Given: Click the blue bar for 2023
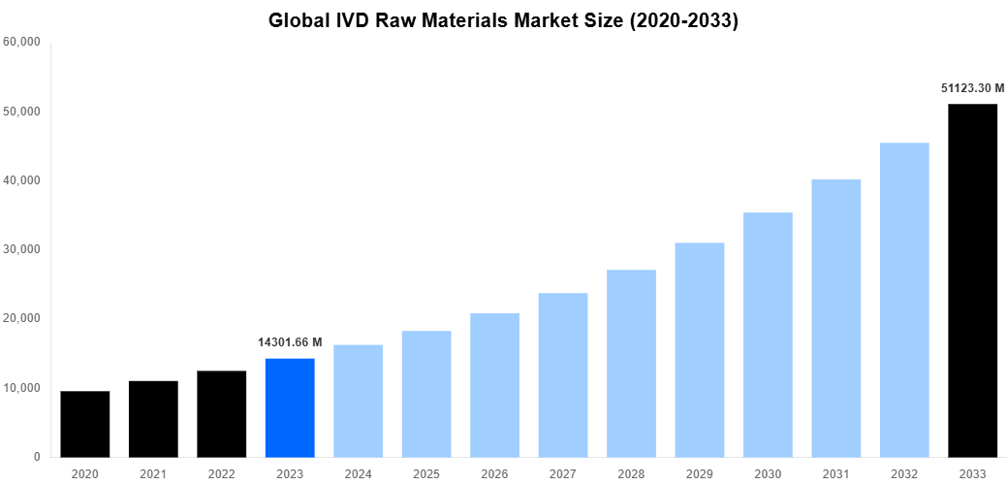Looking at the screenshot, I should click(290, 407).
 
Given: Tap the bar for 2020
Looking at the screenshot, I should click(85, 424).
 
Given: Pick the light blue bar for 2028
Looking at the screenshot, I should click(631, 363).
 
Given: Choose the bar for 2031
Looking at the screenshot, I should click(835, 318).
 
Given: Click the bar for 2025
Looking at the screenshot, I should click(426, 394).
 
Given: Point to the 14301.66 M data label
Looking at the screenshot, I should click(290, 342).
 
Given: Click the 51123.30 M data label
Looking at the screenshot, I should click(972, 87).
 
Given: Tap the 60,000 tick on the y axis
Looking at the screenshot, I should click(21, 42).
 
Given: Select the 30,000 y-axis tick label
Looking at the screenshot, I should click(21, 249).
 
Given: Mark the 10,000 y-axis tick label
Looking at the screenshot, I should click(21, 388).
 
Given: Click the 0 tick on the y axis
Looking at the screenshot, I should click(37, 457).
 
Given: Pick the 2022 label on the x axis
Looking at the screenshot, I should click(221, 473).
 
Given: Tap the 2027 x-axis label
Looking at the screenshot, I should click(563, 473).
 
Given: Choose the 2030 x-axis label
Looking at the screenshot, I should click(768, 473).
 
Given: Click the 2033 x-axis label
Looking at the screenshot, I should click(972, 473).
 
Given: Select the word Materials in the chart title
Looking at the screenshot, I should click(480, 20).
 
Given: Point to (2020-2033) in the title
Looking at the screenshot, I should click(683, 20).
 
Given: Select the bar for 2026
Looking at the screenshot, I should click(494, 385).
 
